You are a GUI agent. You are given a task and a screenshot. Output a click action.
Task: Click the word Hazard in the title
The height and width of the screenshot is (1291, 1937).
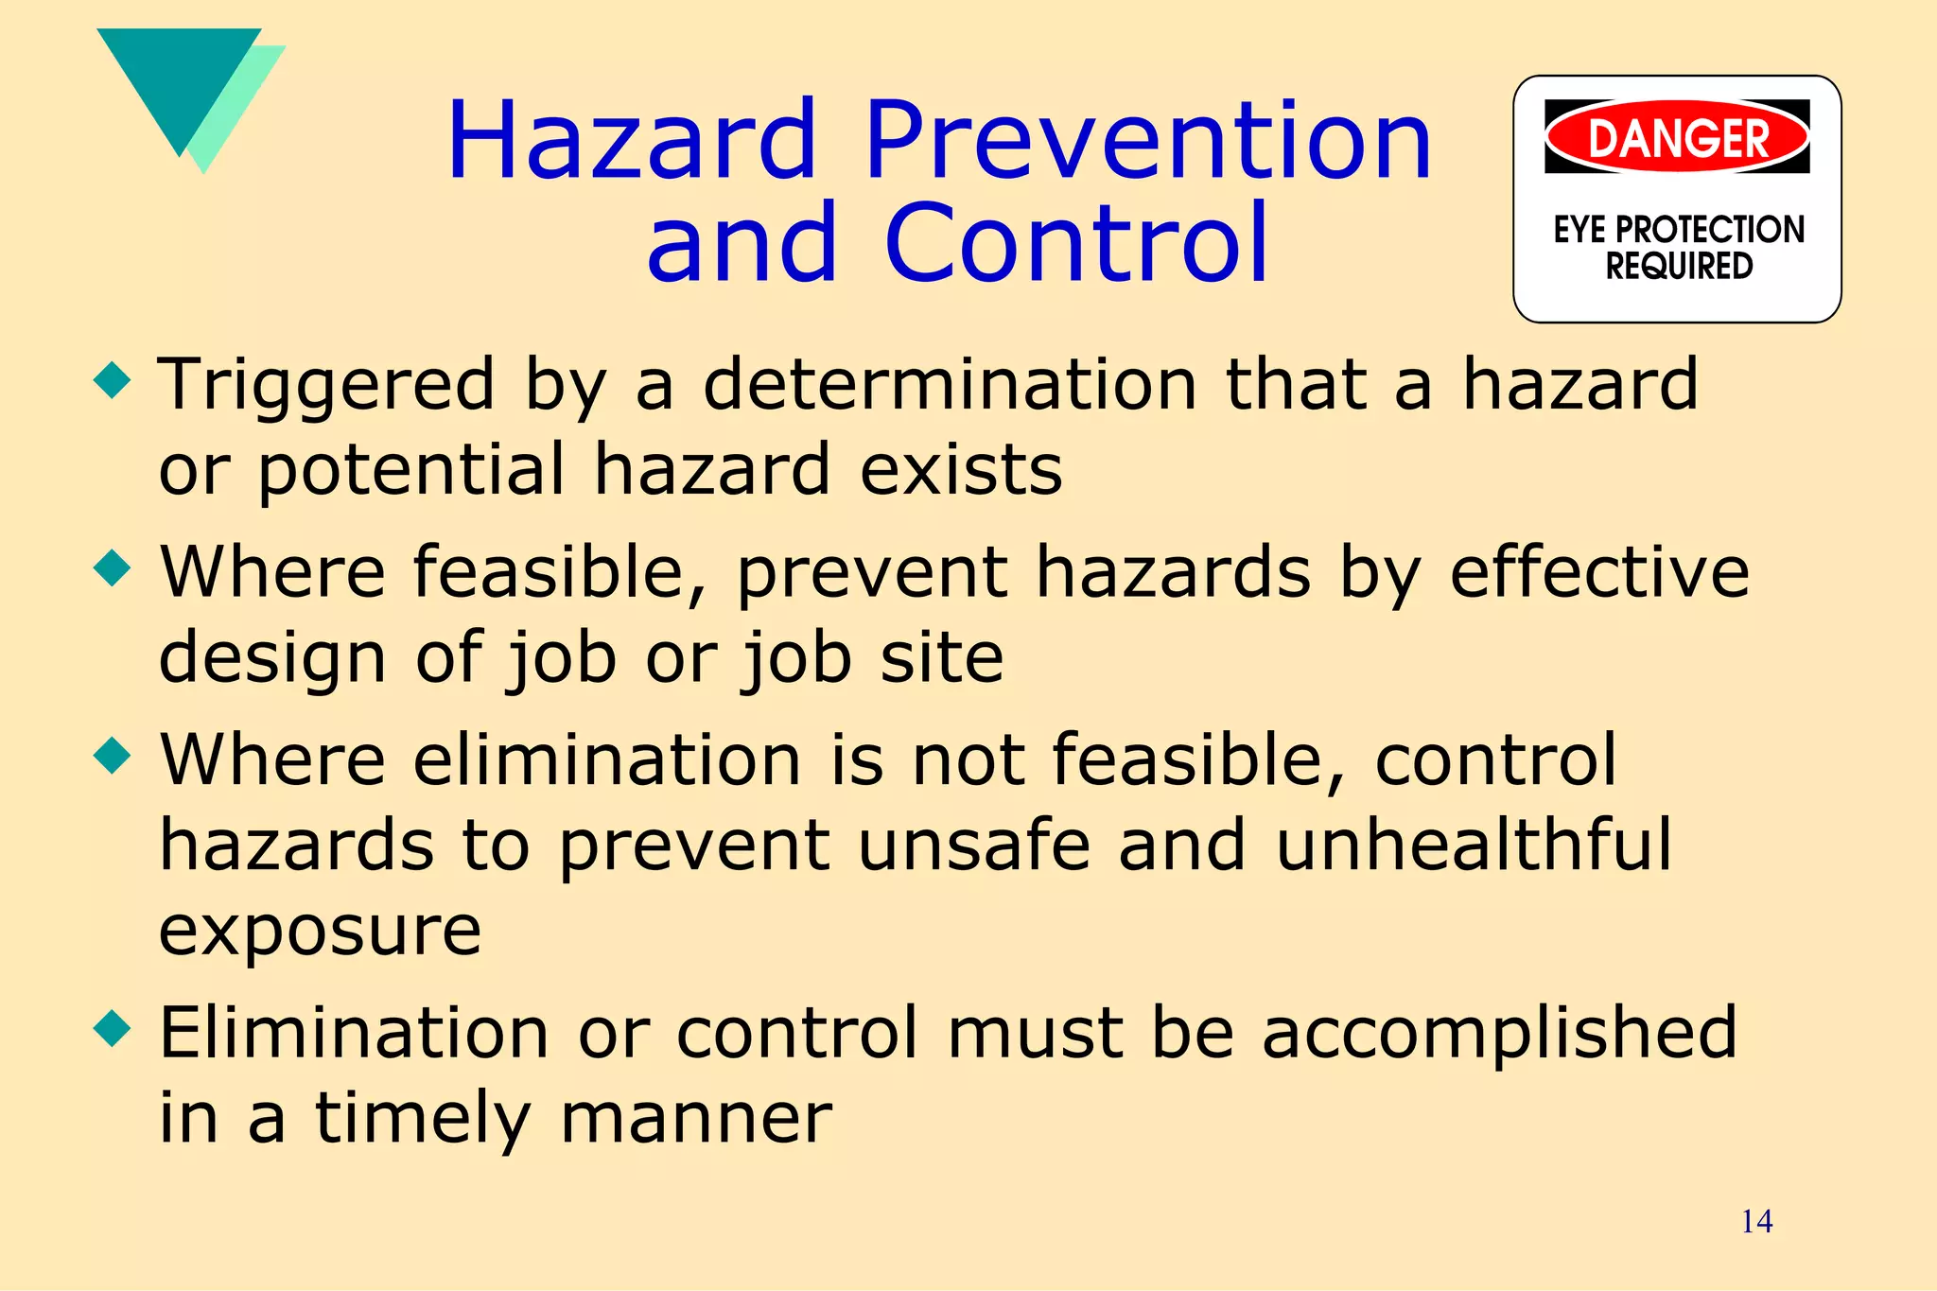tap(631, 142)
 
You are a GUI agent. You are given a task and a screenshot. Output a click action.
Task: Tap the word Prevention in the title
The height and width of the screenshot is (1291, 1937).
tap(1148, 142)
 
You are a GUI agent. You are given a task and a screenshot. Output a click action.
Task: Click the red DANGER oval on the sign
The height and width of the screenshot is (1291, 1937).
tap(1677, 138)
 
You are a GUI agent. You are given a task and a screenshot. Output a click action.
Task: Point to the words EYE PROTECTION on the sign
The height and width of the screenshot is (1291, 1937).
tap(1679, 230)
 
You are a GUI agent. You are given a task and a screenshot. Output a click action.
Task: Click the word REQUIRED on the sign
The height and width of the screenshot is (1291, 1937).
tap(1679, 267)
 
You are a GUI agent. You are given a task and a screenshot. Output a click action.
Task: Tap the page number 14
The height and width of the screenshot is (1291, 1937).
tap(1756, 1222)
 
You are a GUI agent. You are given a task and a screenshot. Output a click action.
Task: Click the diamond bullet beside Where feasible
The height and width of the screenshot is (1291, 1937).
tap(113, 569)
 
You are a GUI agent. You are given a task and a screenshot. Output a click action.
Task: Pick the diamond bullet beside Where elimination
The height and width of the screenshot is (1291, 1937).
tap(113, 757)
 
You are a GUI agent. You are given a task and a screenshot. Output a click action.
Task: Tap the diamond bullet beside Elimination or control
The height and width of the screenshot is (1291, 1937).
tap(113, 1029)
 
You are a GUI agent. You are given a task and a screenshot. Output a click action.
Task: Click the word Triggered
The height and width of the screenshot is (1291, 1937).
tap(326, 386)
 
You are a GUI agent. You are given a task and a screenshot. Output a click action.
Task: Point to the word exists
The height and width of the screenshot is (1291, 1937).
tap(961, 469)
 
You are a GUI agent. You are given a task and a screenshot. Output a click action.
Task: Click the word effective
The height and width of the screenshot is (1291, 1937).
tap(1599, 572)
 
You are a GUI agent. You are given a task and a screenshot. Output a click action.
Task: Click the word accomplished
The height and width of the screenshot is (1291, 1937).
tap(1499, 1033)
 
